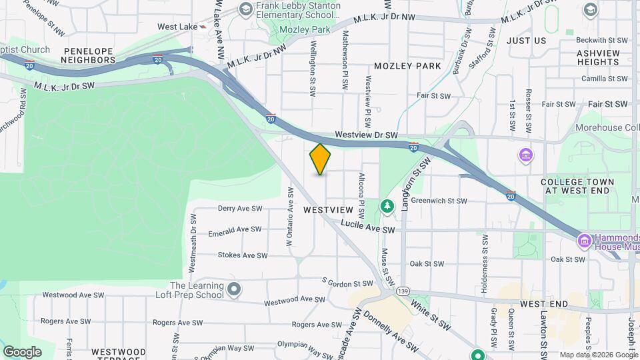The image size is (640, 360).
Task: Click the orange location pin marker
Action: [x=321, y=159]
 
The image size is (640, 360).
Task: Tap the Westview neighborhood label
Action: [x=327, y=209]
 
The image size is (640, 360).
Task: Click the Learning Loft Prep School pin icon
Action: [x=233, y=289]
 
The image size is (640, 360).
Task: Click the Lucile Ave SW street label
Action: [x=369, y=229]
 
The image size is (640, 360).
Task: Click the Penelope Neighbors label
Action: [x=89, y=55]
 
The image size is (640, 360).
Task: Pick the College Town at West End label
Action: [x=576, y=186]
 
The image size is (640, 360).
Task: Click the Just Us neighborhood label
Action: [x=526, y=41]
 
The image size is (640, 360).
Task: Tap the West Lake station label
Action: [x=177, y=27]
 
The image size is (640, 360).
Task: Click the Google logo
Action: [x=22, y=351]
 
